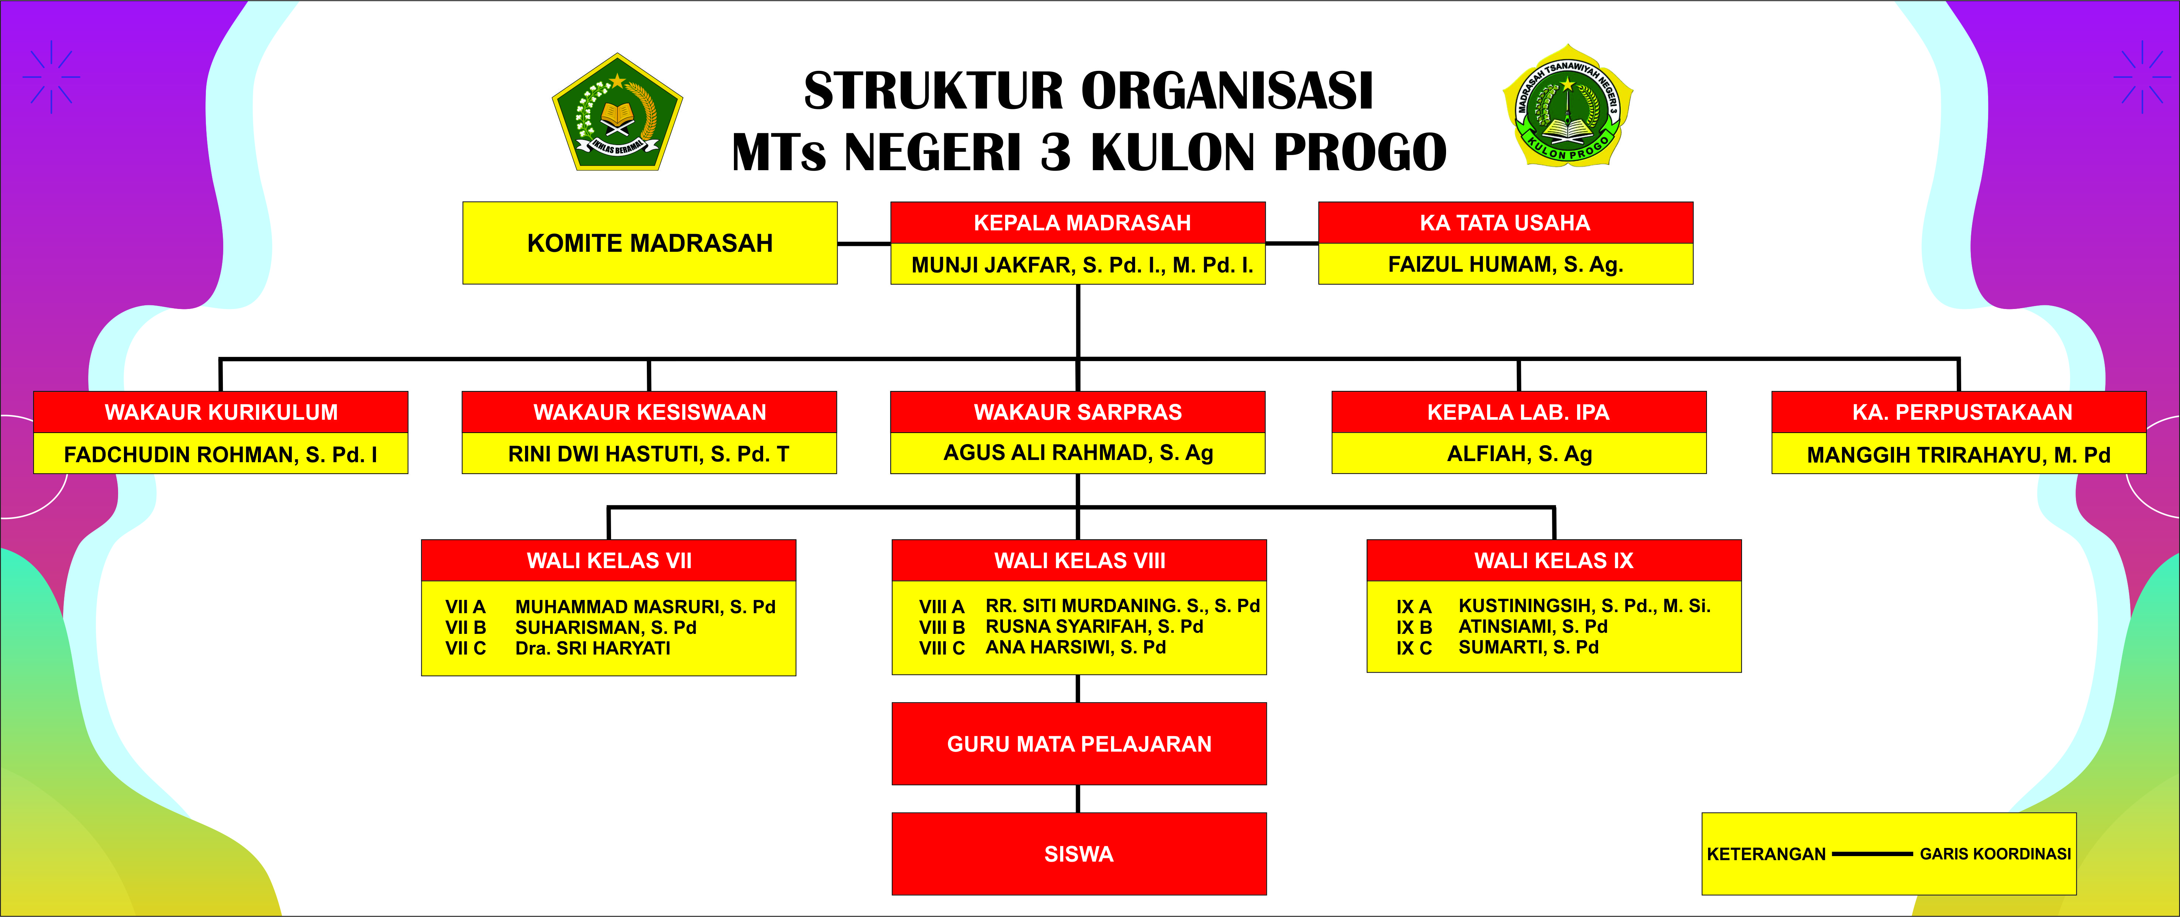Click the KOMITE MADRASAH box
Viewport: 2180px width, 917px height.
[x=650, y=243]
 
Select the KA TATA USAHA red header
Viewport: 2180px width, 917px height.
[x=1505, y=223]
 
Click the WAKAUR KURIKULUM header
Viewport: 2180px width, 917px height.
[x=221, y=412]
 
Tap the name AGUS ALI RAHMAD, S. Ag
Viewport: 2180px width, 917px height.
[x=1078, y=453]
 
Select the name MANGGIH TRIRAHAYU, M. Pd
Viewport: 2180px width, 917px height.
[x=1958, y=455]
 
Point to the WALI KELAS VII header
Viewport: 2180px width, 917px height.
[x=608, y=560]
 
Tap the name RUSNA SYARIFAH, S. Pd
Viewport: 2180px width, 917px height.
[x=1094, y=626]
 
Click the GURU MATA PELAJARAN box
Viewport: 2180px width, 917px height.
[x=1079, y=743]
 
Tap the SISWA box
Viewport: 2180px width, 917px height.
[x=1079, y=854]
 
